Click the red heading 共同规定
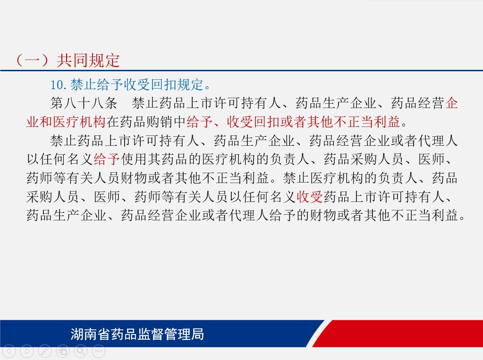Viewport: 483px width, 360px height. tap(88, 60)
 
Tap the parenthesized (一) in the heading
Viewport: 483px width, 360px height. tap(33, 60)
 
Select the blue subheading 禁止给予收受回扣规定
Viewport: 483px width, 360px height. tap(137, 84)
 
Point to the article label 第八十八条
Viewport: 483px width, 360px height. tap(84, 103)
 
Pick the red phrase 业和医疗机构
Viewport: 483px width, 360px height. tap(66, 122)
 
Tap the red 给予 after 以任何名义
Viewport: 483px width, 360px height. tap(107, 159)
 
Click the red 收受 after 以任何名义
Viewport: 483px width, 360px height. tap(310, 196)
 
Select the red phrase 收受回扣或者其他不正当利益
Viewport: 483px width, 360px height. tap(314, 122)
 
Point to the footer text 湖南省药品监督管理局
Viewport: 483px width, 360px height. tap(137, 334)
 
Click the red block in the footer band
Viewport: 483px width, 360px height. tap(398, 334)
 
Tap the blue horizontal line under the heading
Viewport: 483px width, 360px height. tap(242, 70)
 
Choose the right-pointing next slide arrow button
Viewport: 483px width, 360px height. tap(27, 351)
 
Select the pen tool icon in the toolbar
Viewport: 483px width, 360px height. tap(45, 351)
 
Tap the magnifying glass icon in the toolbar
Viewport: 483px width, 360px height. tap(81, 351)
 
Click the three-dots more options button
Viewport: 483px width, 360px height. tap(99, 351)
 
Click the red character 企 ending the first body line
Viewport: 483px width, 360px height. tap(451, 103)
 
